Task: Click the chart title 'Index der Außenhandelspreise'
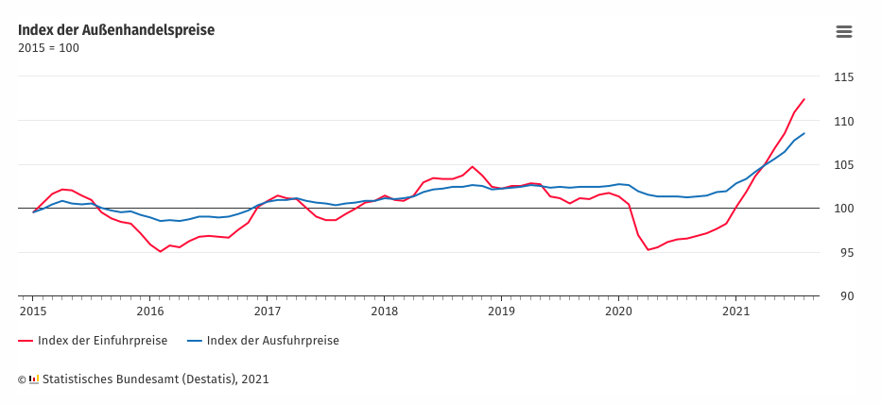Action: click(x=116, y=29)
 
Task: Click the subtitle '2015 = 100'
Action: click(x=48, y=48)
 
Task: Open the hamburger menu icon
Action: click(x=844, y=31)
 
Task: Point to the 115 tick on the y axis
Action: click(x=843, y=77)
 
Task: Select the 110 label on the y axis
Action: click(x=843, y=121)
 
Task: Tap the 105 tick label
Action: click(x=843, y=165)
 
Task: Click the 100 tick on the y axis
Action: click(x=843, y=209)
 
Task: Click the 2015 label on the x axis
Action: click(x=33, y=311)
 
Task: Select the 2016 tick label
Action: click(x=150, y=311)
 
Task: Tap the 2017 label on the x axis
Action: click(x=268, y=311)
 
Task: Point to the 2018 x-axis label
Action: click(x=385, y=311)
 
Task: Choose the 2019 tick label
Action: click(x=501, y=311)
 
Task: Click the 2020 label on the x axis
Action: click(x=618, y=311)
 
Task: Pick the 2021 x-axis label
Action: click(x=735, y=311)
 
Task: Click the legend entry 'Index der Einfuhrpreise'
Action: click(x=102, y=341)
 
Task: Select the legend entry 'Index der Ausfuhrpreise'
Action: click(x=272, y=341)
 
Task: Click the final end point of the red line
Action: click(x=804, y=99)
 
